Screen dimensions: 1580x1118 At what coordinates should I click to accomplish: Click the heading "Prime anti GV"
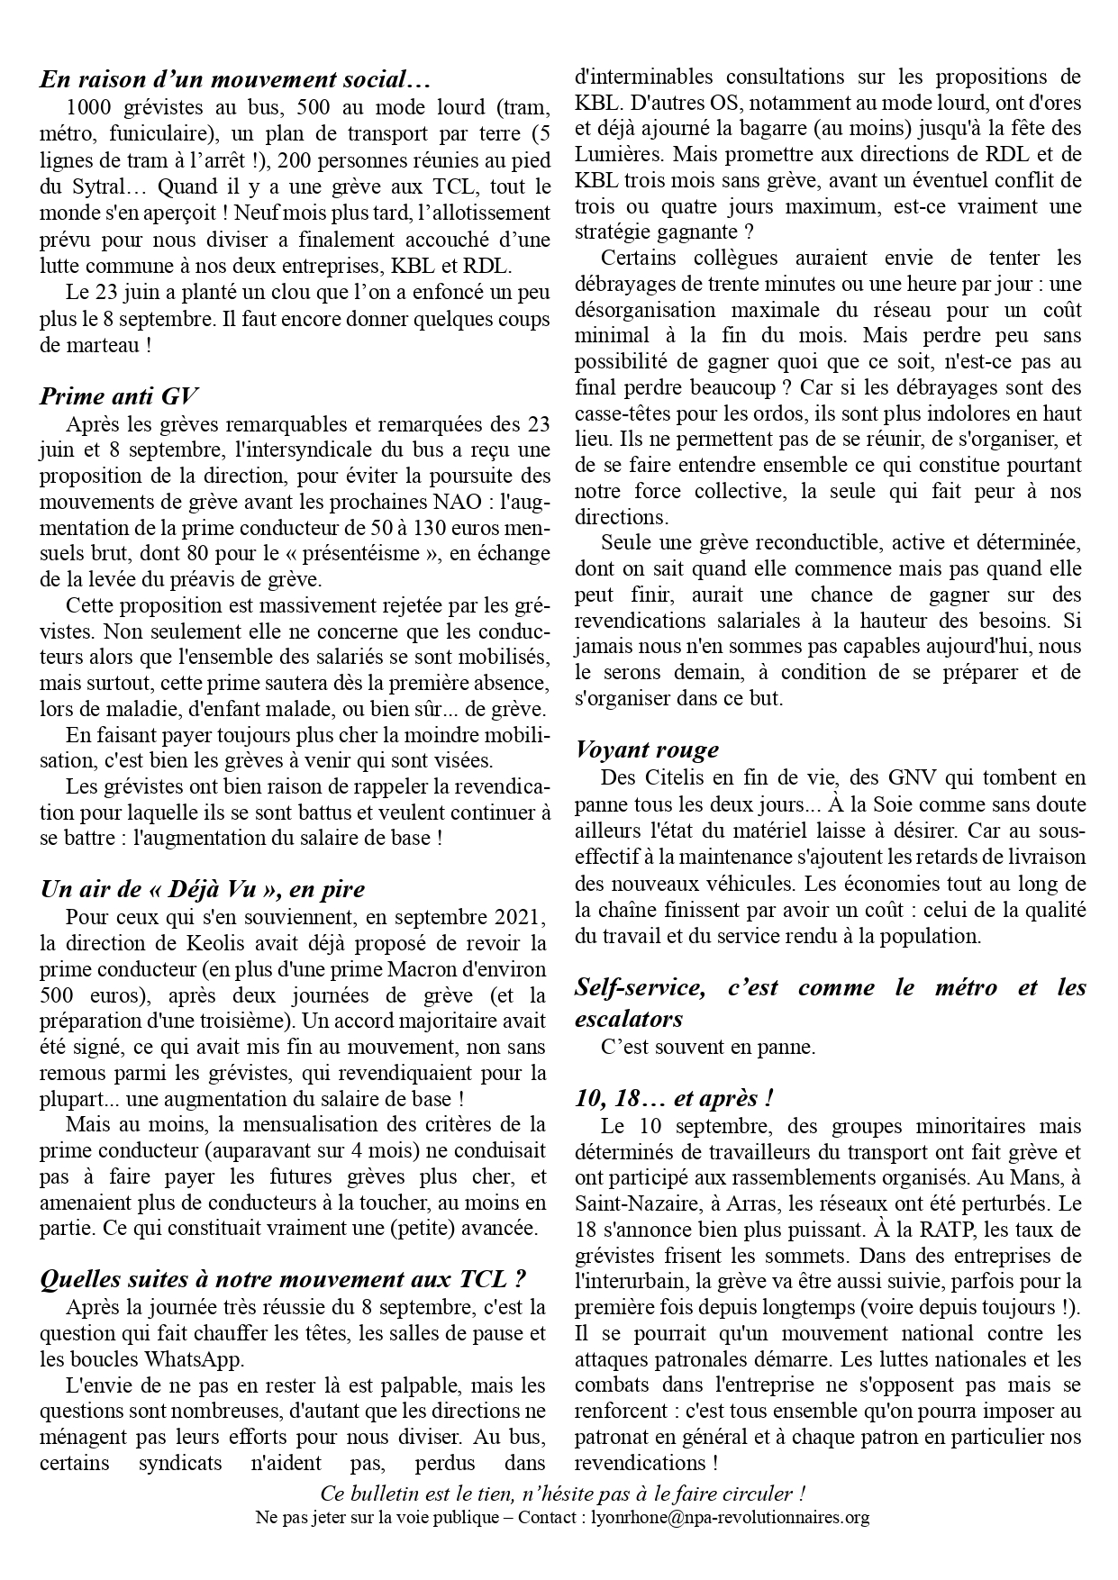pyautogui.click(x=119, y=396)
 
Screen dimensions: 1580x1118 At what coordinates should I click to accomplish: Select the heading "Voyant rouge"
pyautogui.click(x=647, y=749)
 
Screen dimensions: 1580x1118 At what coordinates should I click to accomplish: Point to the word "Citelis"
pyautogui.click(x=671, y=777)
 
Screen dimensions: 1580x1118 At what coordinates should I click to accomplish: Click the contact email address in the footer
pyautogui.click(x=730, y=1517)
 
